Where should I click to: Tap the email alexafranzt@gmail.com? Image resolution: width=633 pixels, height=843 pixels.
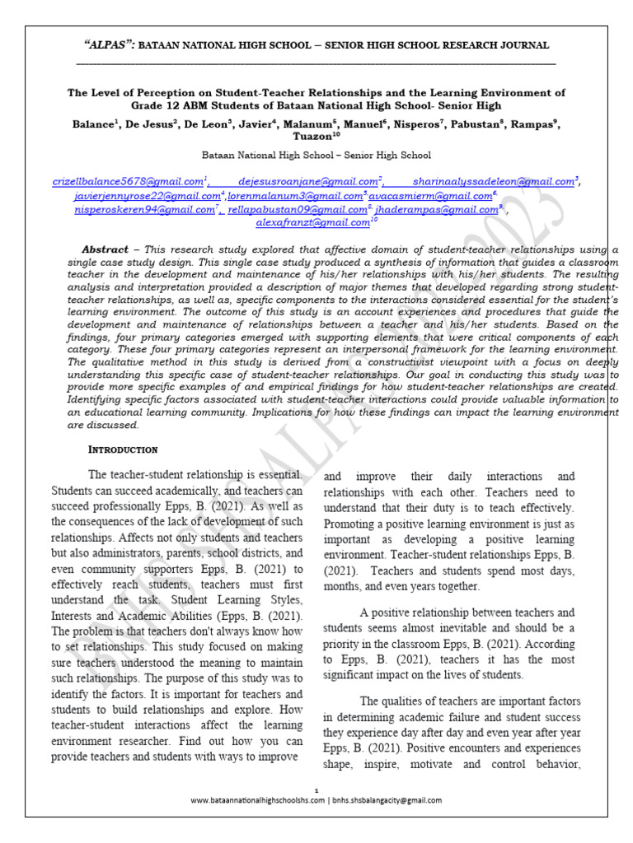tap(312, 222)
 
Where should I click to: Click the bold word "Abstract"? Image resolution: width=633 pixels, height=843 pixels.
tap(105, 249)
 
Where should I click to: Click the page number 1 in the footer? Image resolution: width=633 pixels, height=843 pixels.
tap(316, 789)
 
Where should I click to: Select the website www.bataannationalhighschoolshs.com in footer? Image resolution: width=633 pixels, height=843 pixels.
tap(257, 800)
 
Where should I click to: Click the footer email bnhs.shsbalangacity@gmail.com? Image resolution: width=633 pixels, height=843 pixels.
tap(387, 800)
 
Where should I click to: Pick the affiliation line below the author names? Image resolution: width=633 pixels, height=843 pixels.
tap(316, 154)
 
